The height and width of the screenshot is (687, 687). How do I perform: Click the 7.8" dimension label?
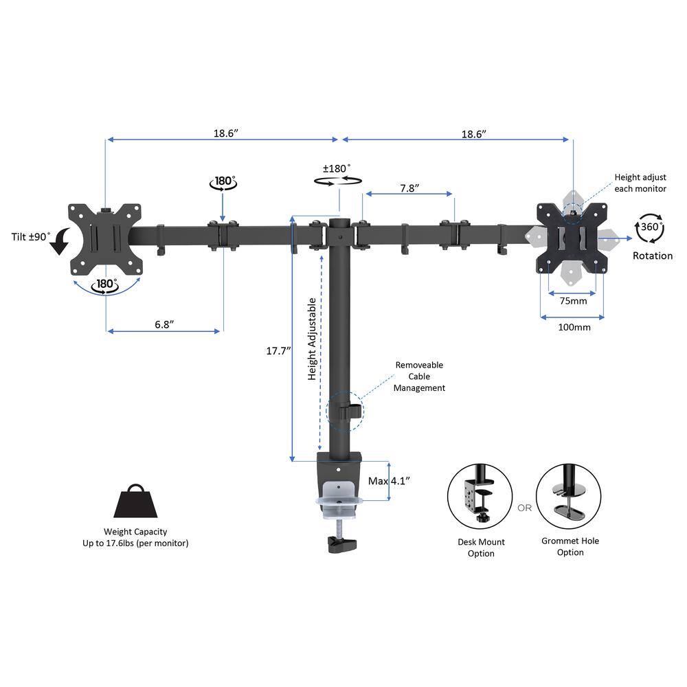click(408, 188)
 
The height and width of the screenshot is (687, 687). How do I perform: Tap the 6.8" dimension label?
click(164, 324)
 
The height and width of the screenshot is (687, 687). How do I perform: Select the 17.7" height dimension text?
click(278, 350)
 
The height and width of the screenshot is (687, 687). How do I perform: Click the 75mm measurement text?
click(573, 301)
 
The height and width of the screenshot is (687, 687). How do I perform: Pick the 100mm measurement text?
click(574, 327)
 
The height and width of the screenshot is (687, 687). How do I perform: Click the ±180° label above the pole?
click(337, 168)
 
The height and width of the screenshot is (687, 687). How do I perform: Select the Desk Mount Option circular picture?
click(481, 497)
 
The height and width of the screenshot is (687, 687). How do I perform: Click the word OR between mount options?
click(525, 508)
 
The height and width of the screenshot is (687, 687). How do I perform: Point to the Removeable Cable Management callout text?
click(418, 376)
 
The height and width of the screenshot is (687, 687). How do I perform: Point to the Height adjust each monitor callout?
click(640, 183)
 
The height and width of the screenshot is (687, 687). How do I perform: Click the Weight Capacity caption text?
click(135, 537)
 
